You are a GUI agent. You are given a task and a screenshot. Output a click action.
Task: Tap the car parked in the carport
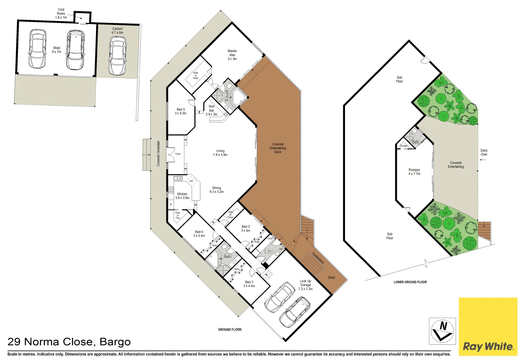tap(117, 56)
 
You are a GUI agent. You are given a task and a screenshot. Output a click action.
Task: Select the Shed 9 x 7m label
tap(57, 50)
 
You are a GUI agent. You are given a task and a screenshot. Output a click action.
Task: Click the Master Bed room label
tap(232, 55)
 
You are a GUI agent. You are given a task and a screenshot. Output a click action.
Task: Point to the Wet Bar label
tap(212, 110)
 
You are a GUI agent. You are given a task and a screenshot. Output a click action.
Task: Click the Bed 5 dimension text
tap(181, 113)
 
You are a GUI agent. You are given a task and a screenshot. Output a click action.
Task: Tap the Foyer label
tap(178, 154)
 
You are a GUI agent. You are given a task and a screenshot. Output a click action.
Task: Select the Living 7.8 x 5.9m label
tap(220, 153)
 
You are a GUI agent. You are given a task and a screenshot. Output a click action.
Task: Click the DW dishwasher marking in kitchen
tap(191, 181)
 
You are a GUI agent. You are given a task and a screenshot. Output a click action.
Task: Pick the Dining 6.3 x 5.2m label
tap(217, 190)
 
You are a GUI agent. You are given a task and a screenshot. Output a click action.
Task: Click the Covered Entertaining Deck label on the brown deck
tap(278, 148)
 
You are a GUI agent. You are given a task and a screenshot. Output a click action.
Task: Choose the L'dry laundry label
tap(269, 251)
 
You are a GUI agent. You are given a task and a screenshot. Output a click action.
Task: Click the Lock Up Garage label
tap(305, 285)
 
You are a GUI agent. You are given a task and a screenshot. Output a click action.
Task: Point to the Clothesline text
tap(318, 258)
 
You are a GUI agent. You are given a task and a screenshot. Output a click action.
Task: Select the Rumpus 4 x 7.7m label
tap(414, 172)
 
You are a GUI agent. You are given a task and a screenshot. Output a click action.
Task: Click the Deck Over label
tap(484, 152)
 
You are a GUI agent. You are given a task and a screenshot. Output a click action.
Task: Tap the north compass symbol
tap(442, 331)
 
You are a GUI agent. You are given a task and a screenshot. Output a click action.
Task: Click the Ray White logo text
tap(488, 347)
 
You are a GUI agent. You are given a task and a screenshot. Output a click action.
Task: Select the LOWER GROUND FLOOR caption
tap(410, 282)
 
